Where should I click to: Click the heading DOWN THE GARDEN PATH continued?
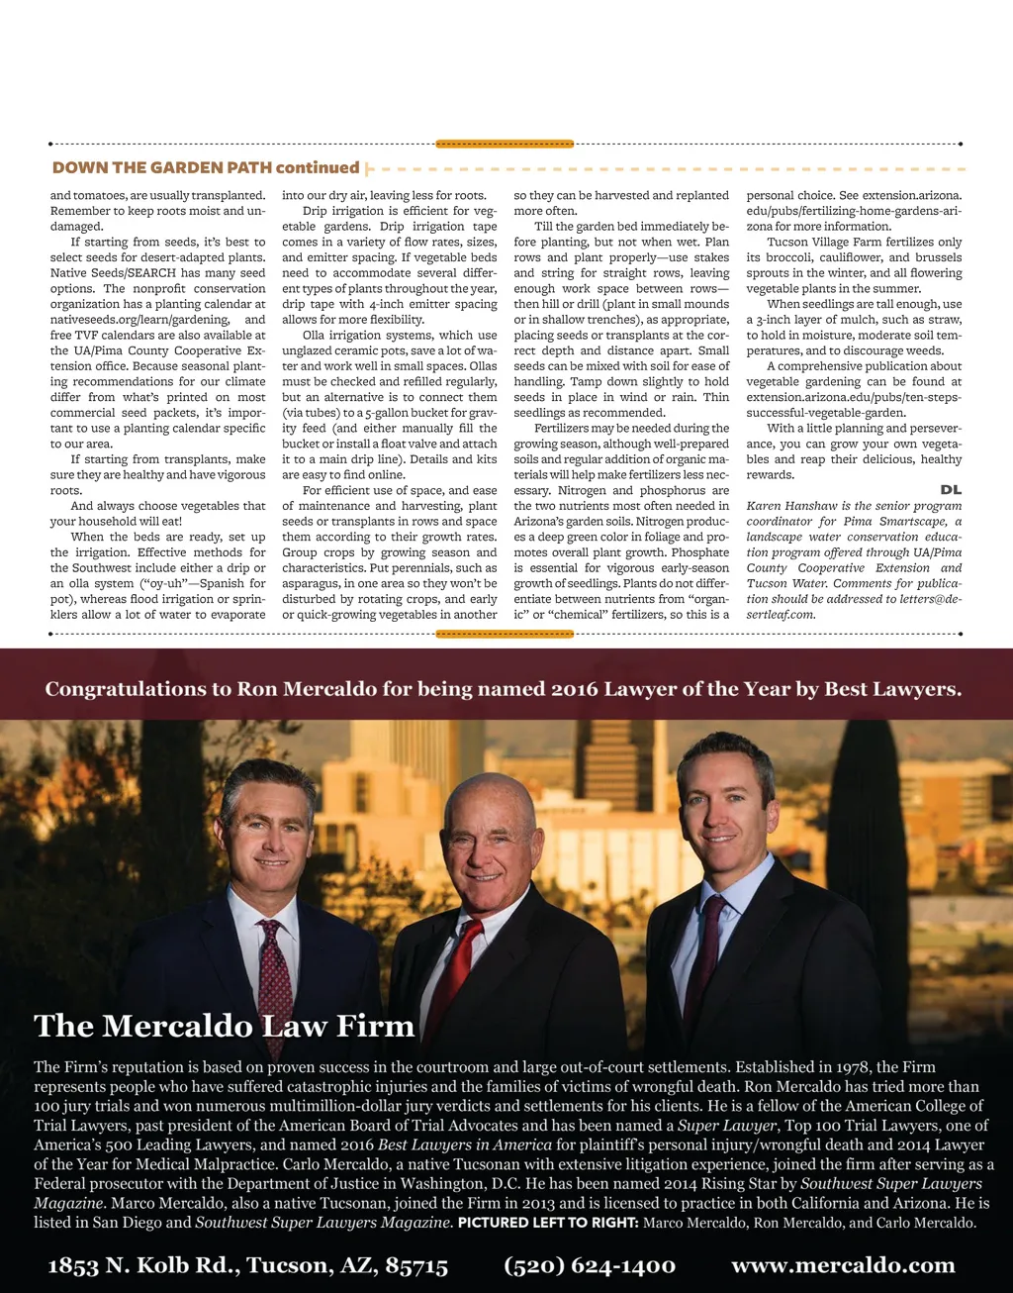tap(206, 168)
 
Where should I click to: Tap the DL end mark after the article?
tap(950, 490)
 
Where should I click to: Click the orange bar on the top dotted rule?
tap(505, 144)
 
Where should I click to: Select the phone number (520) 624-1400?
tap(590, 1265)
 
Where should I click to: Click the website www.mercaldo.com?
tap(843, 1265)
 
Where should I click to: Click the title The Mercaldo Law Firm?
tap(224, 1026)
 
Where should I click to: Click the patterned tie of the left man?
tap(274, 980)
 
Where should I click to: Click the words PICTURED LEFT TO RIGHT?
tap(548, 1223)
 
